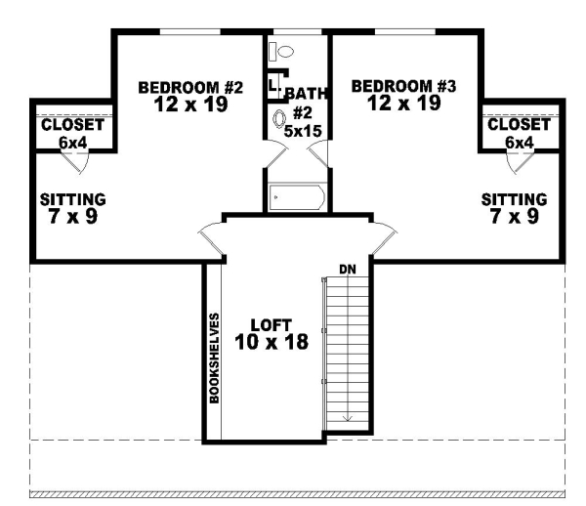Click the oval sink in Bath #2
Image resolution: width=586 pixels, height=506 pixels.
click(x=281, y=122)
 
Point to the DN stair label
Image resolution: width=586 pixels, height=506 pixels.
click(x=346, y=269)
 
